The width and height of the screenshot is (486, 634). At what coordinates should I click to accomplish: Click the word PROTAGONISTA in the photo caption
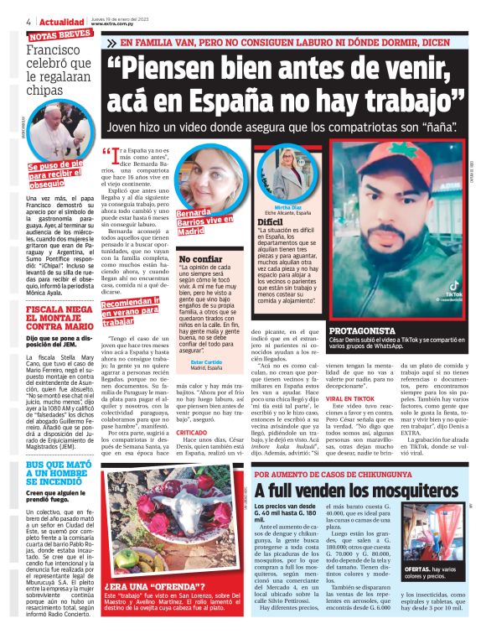(x=361, y=330)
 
